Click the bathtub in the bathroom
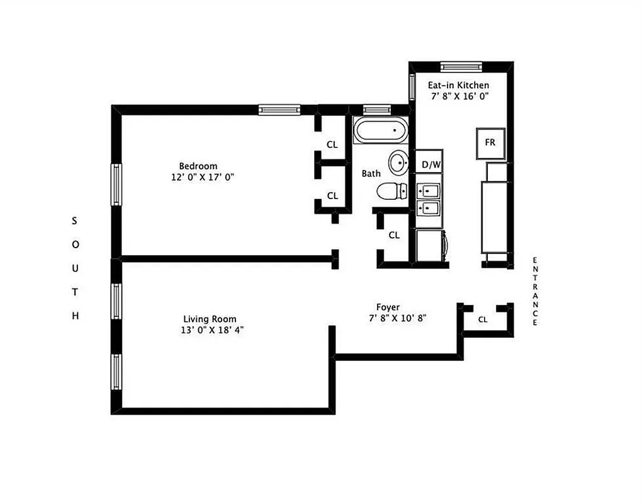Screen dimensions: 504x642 pyautogui.click(x=380, y=131)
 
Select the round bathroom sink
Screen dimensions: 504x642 pyautogui.click(x=398, y=163)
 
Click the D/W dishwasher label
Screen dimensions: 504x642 pyautogui.click(x=431, y=165)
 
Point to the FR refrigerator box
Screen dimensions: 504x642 pyautogui.click(x=490, y=142)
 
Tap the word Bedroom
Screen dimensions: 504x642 pyautogui.click(x=198, y=166)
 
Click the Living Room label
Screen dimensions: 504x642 pyautogui.click(x=210, y=319)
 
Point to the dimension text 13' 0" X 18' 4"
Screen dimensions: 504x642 pyautogui.click(x=210, y=330)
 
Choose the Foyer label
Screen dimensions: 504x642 pyautogui.click(x=388, y=307)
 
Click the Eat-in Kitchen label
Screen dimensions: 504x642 pyautogui.click(x=459, y=85)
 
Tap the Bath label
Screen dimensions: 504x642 pyautogui.click(x=371, y=173)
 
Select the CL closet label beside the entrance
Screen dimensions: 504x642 pyautogui.click(x=483, y=319)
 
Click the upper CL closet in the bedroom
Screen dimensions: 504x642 pyautogui.click(x=332, y=144)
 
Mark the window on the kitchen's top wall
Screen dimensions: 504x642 pyautogui.click(x=461, y=66)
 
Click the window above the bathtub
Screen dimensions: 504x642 pyautogui.click(x=378, y=110)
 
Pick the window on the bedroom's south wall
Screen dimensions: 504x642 pyautogui.click(x=116, y=185)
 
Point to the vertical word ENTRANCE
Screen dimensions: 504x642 pyautogui.click(x=535, y=291)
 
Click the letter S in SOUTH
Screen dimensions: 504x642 pyautogui.click(x=74, y=220)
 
